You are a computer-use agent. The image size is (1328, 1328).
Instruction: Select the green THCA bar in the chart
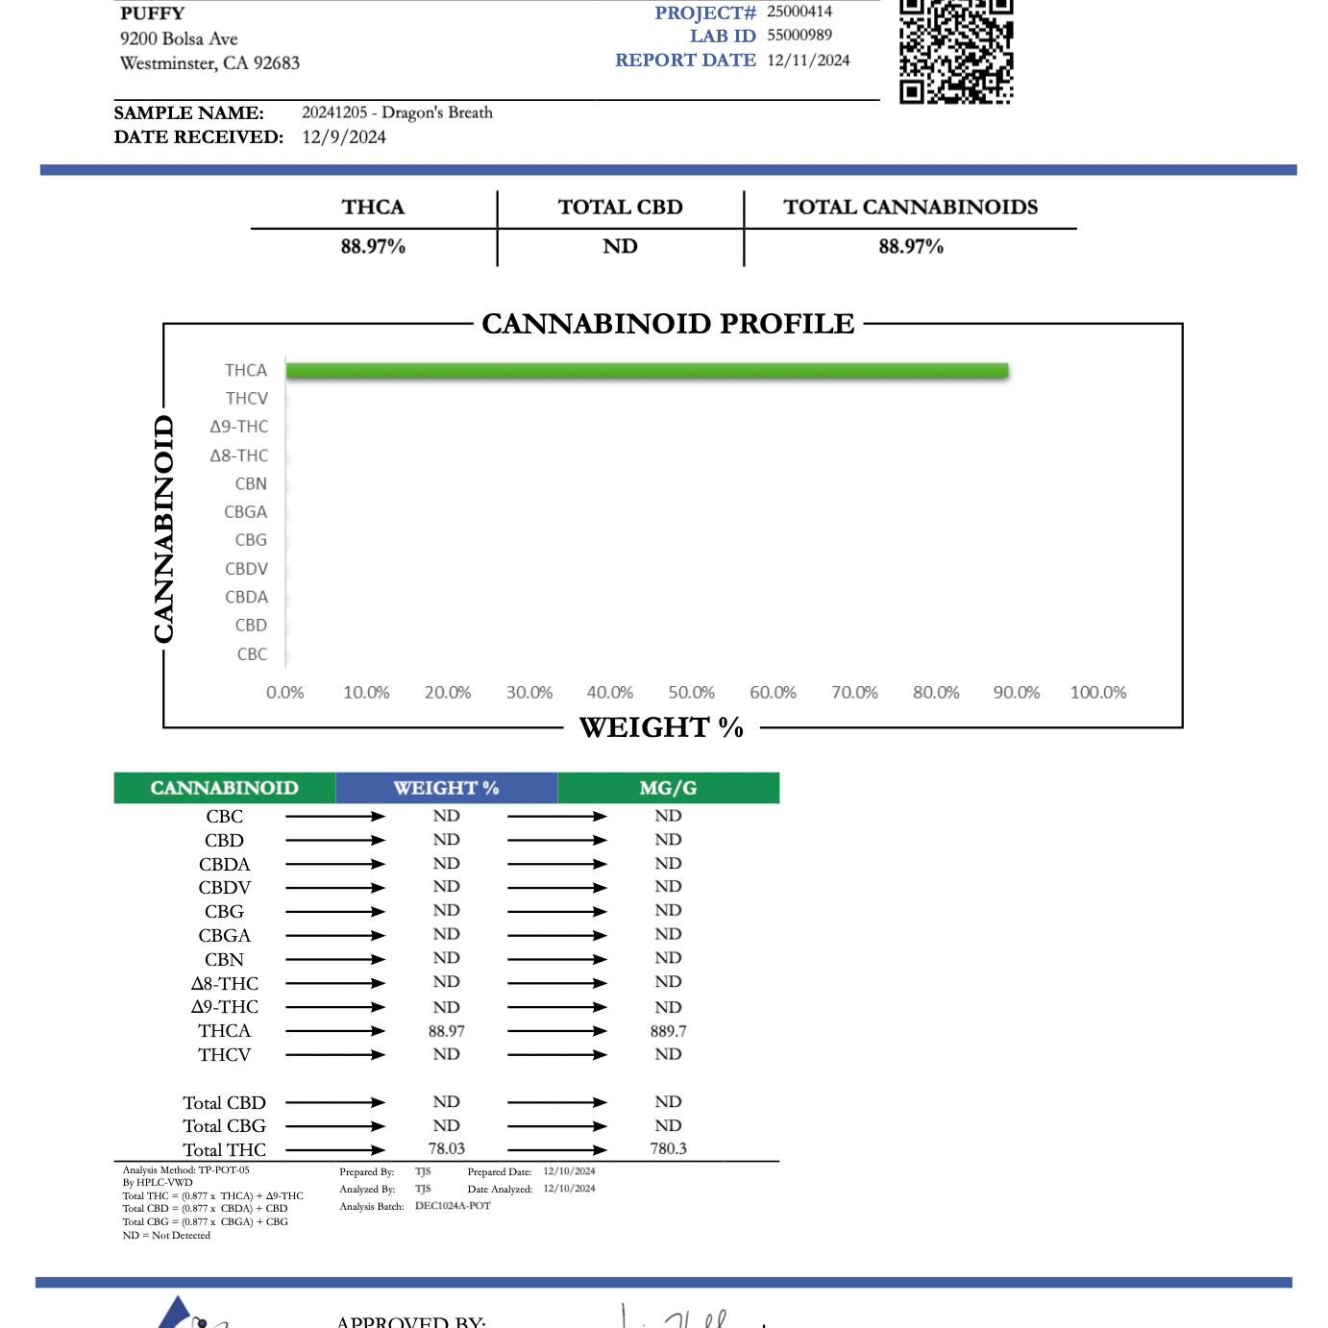647,371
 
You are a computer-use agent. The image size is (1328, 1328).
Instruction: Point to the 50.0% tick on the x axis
691,693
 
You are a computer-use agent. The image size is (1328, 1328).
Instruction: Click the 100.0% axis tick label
1097,693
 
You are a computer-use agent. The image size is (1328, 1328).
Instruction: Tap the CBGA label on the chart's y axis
246,512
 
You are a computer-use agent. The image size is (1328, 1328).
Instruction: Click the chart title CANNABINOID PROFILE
668,324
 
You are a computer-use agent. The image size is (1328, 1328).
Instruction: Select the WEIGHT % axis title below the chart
661,727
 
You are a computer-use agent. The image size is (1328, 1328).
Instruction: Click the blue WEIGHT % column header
446,788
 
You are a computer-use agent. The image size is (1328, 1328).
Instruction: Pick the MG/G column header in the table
668,788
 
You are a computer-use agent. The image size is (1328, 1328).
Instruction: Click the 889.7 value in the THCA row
668,1031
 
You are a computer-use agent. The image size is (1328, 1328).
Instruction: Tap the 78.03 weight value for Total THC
446,1149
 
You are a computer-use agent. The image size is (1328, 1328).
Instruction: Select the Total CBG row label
224,1126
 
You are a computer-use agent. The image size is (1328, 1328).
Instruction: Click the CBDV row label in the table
224,888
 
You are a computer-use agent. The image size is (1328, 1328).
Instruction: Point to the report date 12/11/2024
808,61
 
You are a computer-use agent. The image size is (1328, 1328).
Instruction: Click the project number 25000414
799,12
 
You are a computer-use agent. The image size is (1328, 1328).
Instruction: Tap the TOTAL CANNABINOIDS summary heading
910,208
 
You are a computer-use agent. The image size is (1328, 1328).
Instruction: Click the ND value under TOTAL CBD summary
620,247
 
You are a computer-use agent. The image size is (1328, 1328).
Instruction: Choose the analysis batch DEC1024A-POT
453,1206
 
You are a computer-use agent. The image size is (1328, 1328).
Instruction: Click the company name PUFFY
152,13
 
